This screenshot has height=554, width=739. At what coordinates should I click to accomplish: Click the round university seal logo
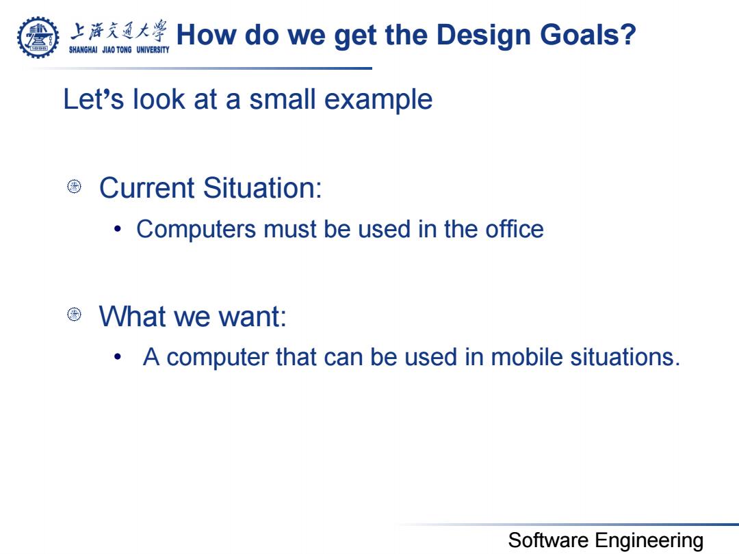pos(38,37)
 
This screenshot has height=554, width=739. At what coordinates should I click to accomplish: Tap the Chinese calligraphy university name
pos(119,31)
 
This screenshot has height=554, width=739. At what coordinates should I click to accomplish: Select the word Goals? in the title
pos(588,36)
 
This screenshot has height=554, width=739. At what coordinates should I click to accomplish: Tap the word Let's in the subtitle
pos(93,99)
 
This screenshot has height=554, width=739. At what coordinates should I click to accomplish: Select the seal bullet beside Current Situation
pos(74,187)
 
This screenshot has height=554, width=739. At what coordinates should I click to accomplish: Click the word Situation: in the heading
pos(263,188)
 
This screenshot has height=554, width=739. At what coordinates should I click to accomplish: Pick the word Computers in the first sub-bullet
pos(196,230)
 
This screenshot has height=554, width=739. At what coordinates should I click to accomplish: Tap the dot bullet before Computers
pos(118,229)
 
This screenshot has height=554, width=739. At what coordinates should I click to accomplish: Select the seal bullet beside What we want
pos(74,314)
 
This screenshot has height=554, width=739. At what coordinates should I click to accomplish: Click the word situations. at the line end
pos(625,356)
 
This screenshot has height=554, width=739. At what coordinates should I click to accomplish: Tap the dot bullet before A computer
pos(118,357)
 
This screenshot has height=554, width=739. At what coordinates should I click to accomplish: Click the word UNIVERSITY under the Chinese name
pos(153,49)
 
